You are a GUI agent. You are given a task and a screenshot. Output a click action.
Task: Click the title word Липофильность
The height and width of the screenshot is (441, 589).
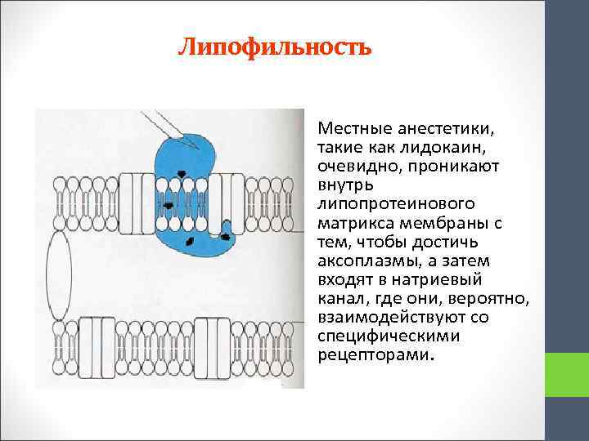(x=275, y=47)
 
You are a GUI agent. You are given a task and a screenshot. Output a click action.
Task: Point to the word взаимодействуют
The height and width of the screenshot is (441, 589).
(x=384, y=316)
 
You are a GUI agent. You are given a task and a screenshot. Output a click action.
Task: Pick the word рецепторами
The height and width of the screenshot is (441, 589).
(x=371, y=354)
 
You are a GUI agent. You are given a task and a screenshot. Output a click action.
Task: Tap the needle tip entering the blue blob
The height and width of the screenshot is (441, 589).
(x=196, y=147)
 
